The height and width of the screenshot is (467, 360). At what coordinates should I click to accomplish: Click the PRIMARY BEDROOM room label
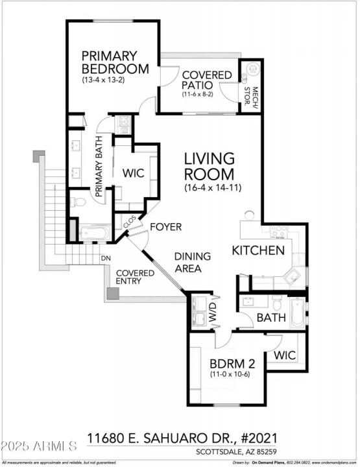(x=115, y=62)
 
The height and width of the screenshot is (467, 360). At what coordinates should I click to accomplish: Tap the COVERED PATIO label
(x=206, y=80)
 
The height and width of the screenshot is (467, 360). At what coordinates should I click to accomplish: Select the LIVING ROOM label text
(x=209, y=166)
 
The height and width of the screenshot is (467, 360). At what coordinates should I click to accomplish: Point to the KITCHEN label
(x=258, y=250)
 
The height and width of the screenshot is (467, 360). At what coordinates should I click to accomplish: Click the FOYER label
(x=165, y=227)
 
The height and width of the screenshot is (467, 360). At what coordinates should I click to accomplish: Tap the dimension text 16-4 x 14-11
(x=209, y=187)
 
